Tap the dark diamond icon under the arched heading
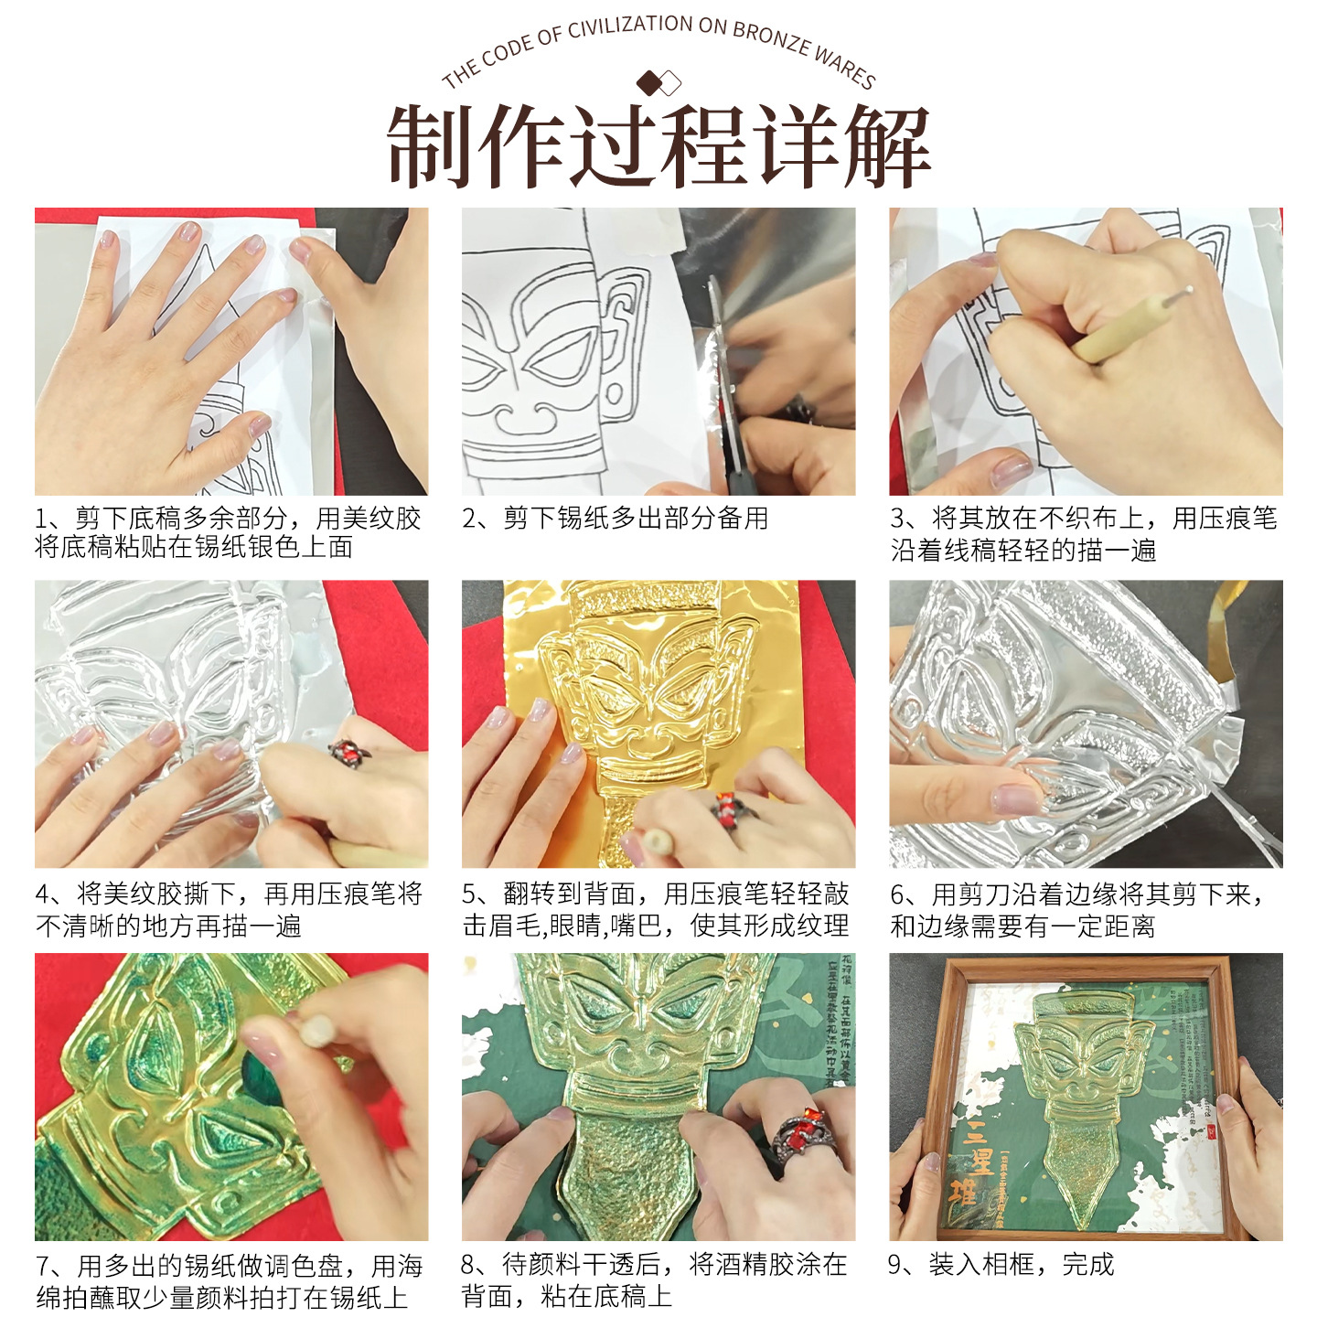point(649,83)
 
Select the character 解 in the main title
point(886,146)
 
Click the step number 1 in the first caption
point(42,519)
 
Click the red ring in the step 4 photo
point(348,752)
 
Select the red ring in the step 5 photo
point(729,807)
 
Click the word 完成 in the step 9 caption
point(1088,1265)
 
